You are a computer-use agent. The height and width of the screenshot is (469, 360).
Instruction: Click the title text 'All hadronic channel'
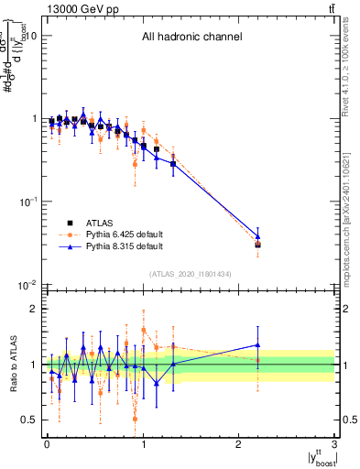[191, 38]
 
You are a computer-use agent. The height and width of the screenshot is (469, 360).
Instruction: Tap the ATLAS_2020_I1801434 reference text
[191, 274]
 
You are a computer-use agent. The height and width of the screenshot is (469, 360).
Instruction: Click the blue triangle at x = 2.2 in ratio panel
[257, 345]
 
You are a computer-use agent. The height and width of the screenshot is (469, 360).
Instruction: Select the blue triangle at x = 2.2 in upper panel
[257, 236]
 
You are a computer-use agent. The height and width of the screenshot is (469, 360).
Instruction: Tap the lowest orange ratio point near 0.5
[135, 419]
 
